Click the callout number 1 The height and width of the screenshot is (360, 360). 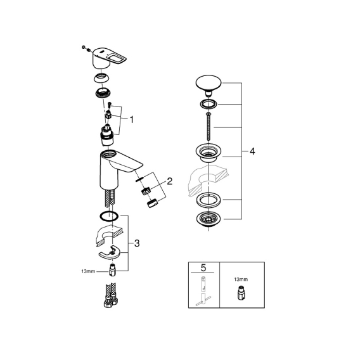click(132, 120)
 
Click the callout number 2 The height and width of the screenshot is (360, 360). click(169, 182)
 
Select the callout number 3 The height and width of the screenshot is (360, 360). click(137, 243)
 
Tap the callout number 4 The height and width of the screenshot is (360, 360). click(252, 151)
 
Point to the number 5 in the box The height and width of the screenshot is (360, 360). click(203, 268)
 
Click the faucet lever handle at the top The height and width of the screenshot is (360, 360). click(109, 58)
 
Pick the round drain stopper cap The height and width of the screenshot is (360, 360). click(209, 84)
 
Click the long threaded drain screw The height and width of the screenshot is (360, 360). click(209, 126)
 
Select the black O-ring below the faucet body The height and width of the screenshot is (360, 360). click(109, 216)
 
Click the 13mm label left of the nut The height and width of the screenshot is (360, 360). click(88, 271)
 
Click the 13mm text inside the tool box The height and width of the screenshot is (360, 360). click(241, 280)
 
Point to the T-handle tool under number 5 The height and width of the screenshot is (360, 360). click(203, 292)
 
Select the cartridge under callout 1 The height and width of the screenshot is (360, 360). click(108, 136)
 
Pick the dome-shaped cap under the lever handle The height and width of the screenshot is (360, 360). click(101, 78)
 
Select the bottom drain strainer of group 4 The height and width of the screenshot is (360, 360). click(209, 220)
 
